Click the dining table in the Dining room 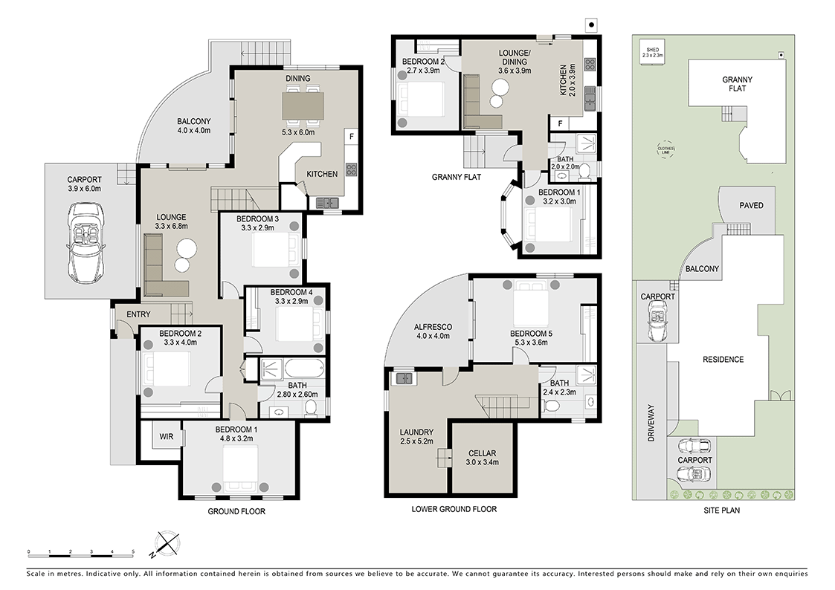click(x=303, y=105)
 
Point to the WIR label click(x=166, y=436)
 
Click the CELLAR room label click(x=482, y=457)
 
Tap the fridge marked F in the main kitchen click(x=351, y=137)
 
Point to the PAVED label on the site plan click(x=751, y=205)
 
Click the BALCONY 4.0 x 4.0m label click(x=193, y=126)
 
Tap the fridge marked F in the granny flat click(x=558, y=123)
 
